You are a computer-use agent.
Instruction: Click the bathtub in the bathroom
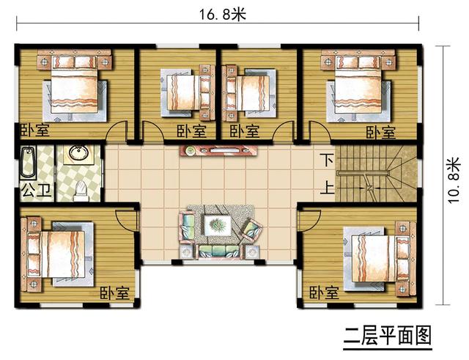click(x=29, y=164)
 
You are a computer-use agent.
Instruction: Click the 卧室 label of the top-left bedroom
click(x=34, y=131)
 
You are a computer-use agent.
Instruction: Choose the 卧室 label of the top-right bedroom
click(x=380, y=133)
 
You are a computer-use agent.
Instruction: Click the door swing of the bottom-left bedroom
click(x=126, y=218)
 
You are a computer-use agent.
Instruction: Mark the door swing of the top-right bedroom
click(x=318, y=132)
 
